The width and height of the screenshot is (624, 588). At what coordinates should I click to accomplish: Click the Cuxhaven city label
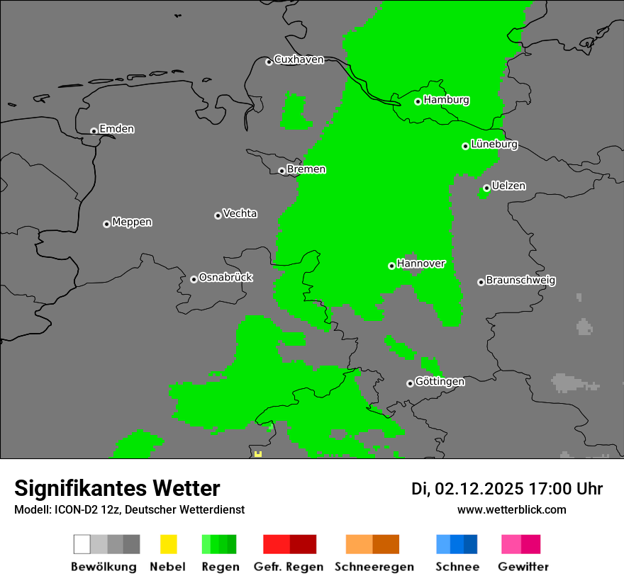click(x=299, y=60)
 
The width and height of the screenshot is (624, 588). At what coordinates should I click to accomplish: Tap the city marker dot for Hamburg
click(x=418, y=101)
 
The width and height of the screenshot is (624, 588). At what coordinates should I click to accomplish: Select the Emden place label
click(x=116, y=129)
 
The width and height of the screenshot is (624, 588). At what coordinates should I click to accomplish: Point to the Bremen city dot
click(x=282, y=171)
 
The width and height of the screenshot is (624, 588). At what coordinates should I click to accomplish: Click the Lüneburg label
click(x=494, y=145)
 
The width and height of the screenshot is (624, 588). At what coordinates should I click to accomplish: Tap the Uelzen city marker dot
click(x=486, y=188)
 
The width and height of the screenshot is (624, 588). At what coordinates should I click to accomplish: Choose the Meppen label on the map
click(x=132, y=222)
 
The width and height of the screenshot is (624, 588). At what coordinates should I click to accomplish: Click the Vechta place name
click(x=240, y=214)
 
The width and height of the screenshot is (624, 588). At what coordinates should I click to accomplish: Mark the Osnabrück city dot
click(x=194, y=279)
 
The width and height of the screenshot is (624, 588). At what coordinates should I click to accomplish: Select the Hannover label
click(x=421, y=264)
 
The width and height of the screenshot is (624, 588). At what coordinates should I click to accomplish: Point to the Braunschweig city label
click(x=520, y=281)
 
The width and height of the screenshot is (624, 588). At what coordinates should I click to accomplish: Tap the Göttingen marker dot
click(x=410, y=383)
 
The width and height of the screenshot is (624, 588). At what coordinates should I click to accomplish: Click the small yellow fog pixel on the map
click(x=258, y=453)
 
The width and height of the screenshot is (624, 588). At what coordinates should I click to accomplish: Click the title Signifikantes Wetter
click(x=117, y=488)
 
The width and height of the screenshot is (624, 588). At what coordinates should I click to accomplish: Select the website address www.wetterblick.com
click(x=511, y=509)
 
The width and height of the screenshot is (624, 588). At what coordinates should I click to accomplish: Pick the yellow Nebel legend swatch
click(x=168, y=544)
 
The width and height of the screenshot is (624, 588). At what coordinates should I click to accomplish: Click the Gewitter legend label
click(x=523, y=567)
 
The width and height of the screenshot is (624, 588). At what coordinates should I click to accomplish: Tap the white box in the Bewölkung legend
click(x=82, y=544)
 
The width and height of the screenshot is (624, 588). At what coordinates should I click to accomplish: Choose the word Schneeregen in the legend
click(x=374, y=567)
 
